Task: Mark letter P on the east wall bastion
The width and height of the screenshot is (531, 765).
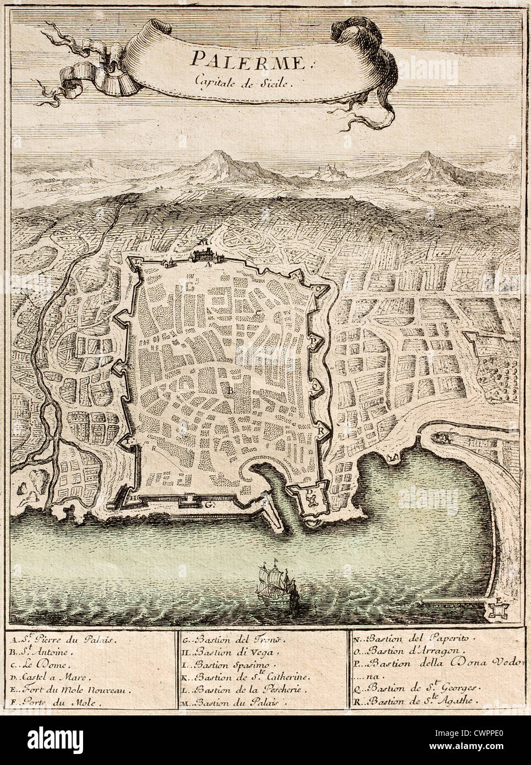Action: [312, 342]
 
